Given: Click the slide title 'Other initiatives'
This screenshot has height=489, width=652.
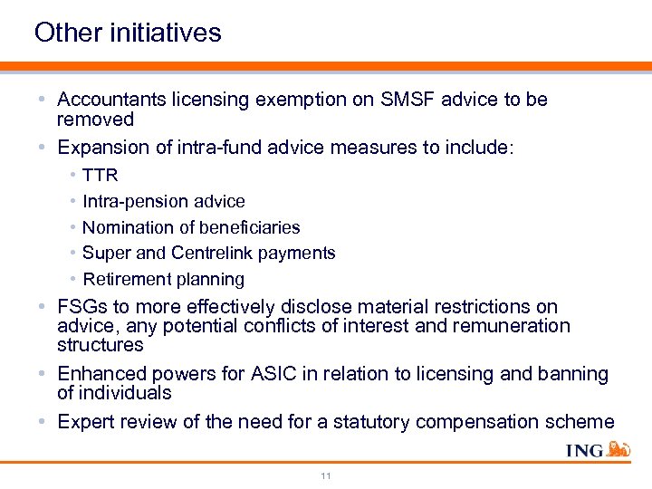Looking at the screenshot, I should [x=128, y=34].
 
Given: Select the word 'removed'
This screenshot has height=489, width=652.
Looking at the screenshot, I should [x=95, y=120].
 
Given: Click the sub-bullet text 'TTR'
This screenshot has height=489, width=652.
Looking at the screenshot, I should [x=100, y=175].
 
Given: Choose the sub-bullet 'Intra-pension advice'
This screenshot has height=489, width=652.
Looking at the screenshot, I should [x=163, y=201].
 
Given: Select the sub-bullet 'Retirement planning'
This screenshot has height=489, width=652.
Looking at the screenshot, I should [x=163, y=280].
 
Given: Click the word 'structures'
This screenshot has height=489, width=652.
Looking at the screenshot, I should [x=100, y=345].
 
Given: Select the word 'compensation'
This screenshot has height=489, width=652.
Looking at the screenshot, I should [x=504, y=422].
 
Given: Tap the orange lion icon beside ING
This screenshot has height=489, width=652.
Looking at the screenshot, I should [x=619, y=448].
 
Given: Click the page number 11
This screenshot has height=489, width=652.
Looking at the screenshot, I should [x=326, y=475].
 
